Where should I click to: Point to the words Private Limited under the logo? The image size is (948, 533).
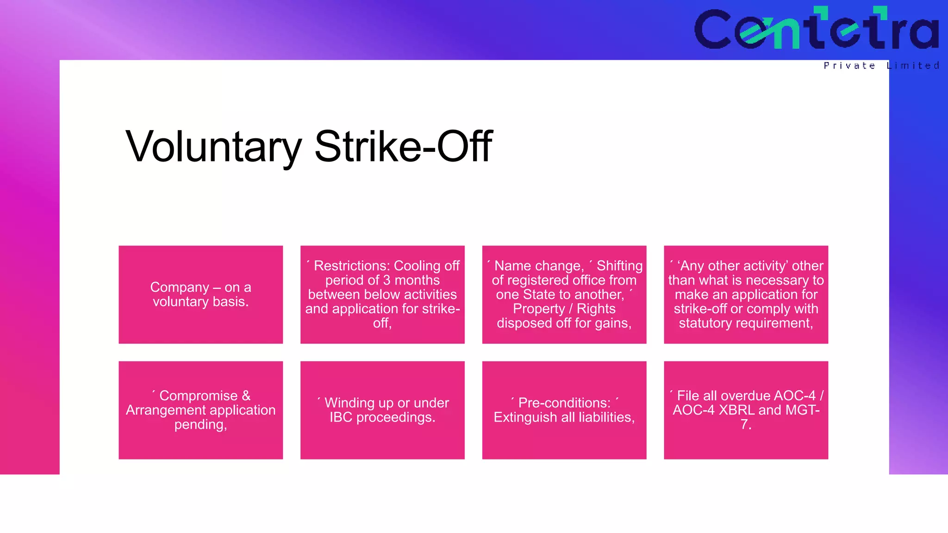pyautogui.click(x=881, y=66)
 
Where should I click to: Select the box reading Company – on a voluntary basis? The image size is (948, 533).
pyautogui.click(x=200, y=294)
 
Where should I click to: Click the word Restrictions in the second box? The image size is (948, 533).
pyautogui.click(x=352, y=266)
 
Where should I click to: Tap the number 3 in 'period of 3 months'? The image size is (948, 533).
pyautogui.click(x=387, y=280)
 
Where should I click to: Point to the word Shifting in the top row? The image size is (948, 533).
pyautogui.click(x=619, y=266)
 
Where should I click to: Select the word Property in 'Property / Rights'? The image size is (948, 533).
pyautogui.click(x=539, y=309)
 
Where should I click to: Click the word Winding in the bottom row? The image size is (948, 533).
pyautogui.click(x=349, y=403)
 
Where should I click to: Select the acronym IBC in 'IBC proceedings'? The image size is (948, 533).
pyautogui.click(x=341, y=417)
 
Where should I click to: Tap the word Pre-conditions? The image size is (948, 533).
pyautogui.click(x=564, y=403)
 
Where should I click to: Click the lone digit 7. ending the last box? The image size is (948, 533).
pyautogui.click(x=745, y=424)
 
